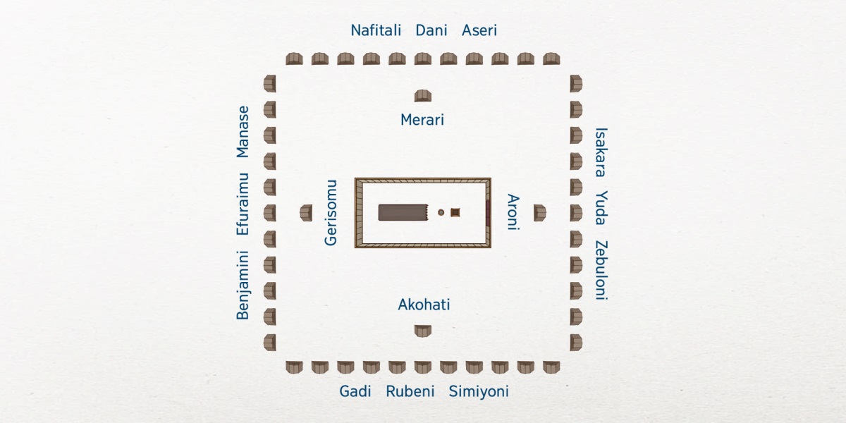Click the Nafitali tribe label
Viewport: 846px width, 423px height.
376,30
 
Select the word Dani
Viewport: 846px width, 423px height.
431,30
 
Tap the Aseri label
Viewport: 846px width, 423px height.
479,30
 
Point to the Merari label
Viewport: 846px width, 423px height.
422,120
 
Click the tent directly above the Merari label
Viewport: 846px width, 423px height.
423,96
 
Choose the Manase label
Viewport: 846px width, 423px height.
243,131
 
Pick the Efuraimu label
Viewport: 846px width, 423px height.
243,204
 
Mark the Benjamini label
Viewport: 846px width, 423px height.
243,285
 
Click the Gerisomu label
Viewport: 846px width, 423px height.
331,212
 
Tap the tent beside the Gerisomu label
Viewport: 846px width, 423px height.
306,212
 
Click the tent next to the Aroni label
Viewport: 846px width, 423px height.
539,212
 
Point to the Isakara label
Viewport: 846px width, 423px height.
601,152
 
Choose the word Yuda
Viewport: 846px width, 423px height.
601,207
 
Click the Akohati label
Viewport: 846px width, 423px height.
424,305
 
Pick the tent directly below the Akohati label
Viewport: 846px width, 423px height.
423,331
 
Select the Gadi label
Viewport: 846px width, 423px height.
355,391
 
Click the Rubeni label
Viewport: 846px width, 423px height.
410,391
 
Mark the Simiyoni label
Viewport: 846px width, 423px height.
479,391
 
